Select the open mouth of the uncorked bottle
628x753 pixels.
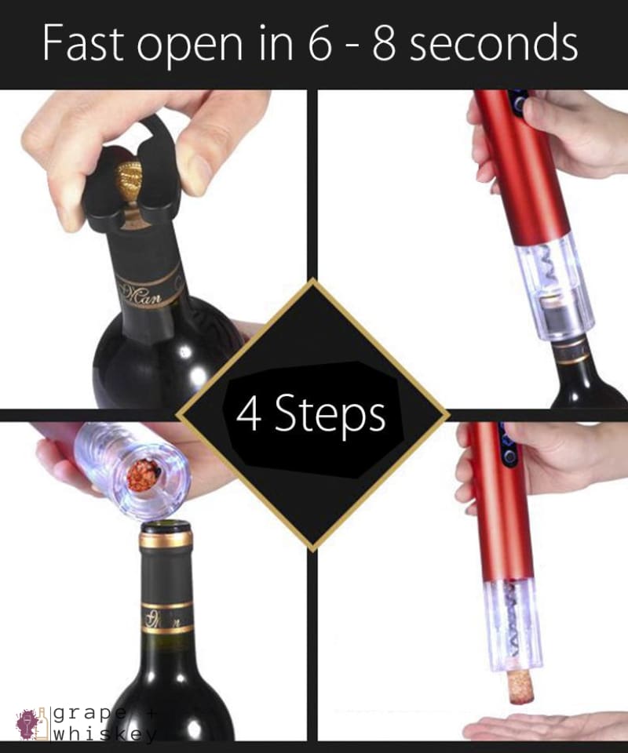pyautogui.click(x=166, y=528)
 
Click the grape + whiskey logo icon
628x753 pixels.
pyautogui.click(x=30, y=722)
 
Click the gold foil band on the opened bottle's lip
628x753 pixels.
pyautogui.click(x=166, y=540)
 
